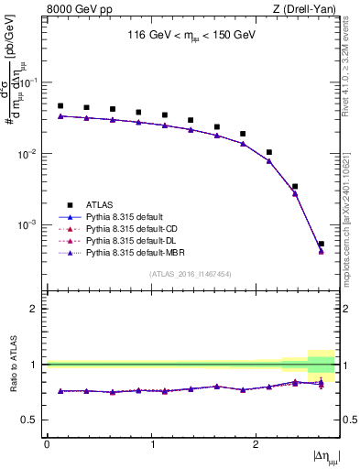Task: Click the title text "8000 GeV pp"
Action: (73, 9)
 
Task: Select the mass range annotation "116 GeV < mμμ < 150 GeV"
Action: (191, 37)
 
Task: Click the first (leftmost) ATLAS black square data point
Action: (60, 106)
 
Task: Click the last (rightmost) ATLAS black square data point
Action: (321, 244)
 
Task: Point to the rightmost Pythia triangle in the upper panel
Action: (321, 251)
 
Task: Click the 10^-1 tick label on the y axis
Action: (30, 82)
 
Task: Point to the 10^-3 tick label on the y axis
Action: (30, 224)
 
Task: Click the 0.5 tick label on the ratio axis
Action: (33, 420)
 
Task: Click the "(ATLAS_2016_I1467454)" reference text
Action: (191, 274)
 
